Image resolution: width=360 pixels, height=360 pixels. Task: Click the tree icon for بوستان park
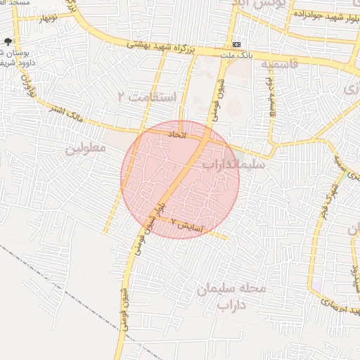click(x=8, y=42)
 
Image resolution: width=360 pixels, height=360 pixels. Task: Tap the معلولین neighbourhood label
click(x=85, y=148)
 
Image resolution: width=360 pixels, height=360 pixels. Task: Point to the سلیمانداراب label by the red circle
click(x=233, y=165)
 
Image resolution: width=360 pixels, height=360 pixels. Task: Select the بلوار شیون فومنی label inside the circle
click(x=156, y=211)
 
